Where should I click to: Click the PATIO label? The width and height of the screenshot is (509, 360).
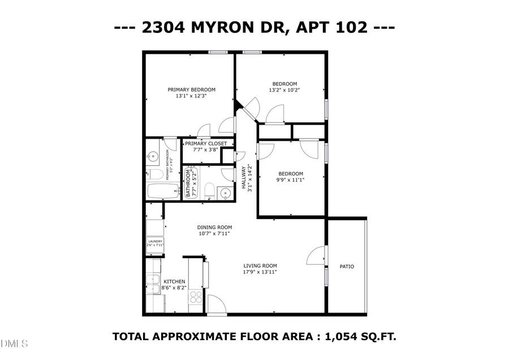click(x=347, y=266)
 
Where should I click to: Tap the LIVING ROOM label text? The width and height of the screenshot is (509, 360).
click(x=260, y=265)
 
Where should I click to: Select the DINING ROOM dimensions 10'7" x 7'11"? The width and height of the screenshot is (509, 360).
click(x=215, y=233)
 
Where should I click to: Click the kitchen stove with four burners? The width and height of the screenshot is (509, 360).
click(x=196, y=297)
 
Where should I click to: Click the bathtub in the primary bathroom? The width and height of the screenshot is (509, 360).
click(x=163, y=191)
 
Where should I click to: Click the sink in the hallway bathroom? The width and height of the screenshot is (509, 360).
click(x=225, y=192)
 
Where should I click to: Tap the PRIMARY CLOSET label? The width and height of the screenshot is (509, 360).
click(x=206, y=144)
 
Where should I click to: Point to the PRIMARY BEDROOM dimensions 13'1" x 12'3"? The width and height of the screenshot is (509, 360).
click(x=191, y=96)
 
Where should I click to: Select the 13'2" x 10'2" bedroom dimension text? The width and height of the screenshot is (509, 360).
click(x=283, y=90)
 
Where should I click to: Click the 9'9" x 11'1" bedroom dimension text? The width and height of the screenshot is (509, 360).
click(x=291, y=180)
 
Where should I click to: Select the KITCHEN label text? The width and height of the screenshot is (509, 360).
click(x=174, y=281)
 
